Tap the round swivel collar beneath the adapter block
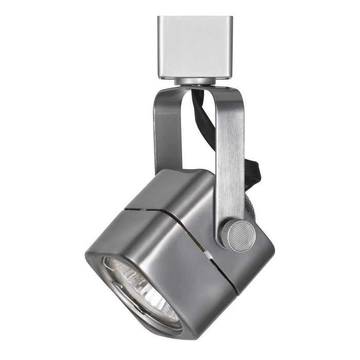[192, 81]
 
